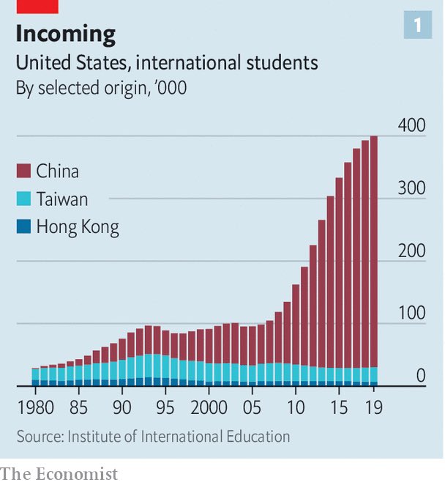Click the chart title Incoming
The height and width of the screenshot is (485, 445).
66,34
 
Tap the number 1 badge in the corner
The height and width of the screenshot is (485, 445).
418,26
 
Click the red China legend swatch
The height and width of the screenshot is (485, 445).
23,171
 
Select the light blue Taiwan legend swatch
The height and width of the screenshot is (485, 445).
23,199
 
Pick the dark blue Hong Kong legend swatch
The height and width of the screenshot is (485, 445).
23,227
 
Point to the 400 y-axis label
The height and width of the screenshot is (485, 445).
411,125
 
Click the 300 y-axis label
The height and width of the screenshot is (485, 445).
411,188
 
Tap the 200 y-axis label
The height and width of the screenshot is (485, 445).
411,251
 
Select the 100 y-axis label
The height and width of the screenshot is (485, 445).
411,314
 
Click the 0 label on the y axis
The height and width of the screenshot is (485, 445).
421,376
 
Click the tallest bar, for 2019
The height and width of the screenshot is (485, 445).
373,256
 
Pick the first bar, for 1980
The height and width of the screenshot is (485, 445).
34,377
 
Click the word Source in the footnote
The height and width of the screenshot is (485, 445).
39,437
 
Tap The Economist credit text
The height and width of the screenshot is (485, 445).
59,474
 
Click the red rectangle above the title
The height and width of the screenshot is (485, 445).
37,6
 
